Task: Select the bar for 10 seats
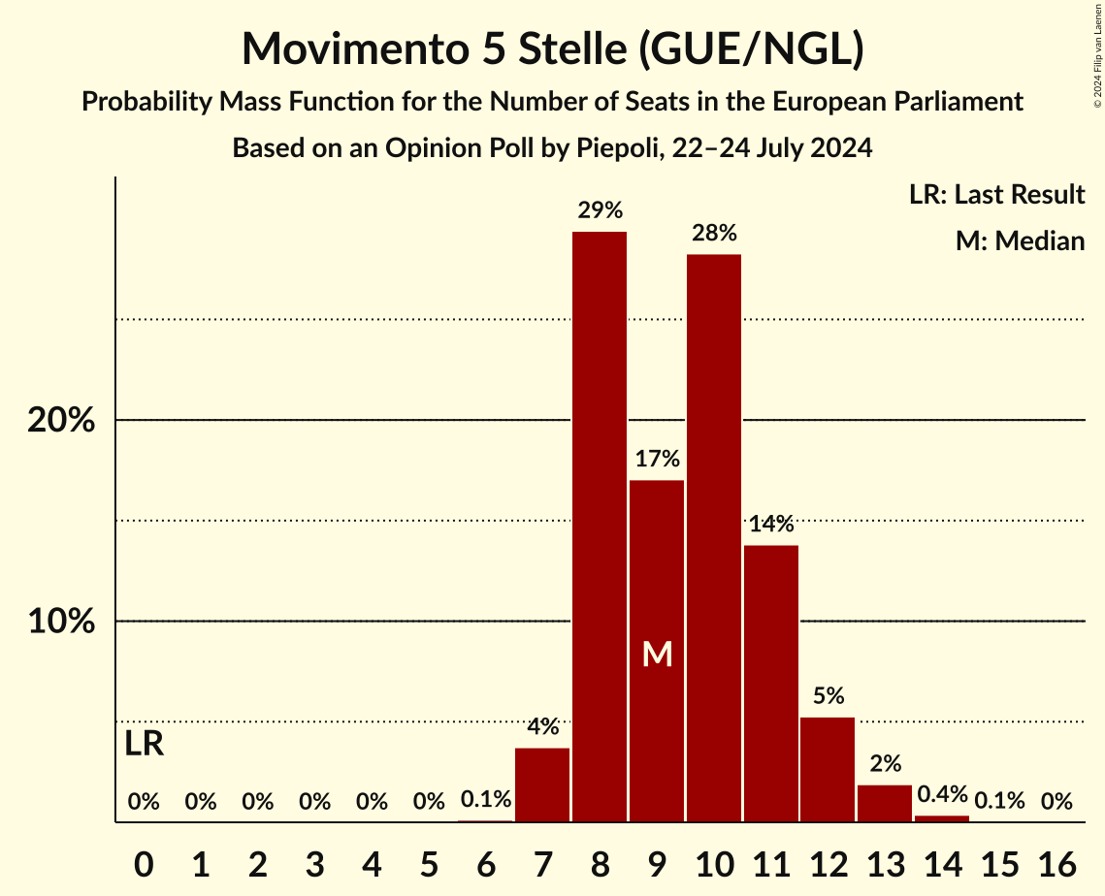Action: (x=714, y=538)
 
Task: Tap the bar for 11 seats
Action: (x=771, y=684)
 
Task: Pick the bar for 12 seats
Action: (x=828, y=770)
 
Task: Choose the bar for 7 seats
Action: (x=542, y=785)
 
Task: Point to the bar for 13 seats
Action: (x=885, y=804)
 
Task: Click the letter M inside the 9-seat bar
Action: (x=657, y=655)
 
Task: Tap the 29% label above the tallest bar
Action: (x=600, y=210)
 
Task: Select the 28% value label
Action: (x=714, y=233)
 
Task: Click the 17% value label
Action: (x=657, y=459)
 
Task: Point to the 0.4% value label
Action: (x=942, y=795)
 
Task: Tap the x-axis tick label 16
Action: (x=1056, y=862)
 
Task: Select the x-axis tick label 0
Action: (x=144, y=862)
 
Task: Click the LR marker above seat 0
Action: (x=145, y=745)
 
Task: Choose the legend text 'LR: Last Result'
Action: (x=996, y=195)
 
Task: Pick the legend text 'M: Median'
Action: (x=1020, y=240)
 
